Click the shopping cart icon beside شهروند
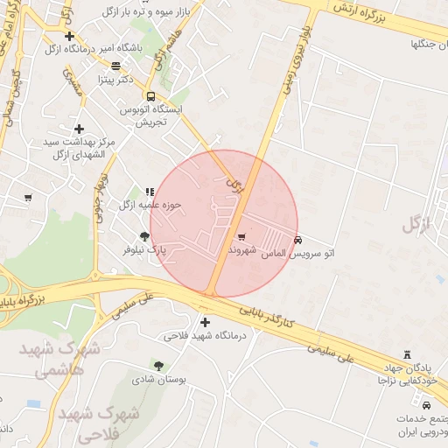click(242, 236)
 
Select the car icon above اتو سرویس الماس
click(298, 239)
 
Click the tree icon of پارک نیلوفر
click(144, 236)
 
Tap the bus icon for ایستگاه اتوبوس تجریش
click(151, 96)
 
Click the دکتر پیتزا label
click(140, 80)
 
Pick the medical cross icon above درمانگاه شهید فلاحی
click(206, 322)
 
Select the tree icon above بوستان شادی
click(158, 366)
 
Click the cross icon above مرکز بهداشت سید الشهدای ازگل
click(79, 129)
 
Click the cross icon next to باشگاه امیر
click(70, 36)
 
